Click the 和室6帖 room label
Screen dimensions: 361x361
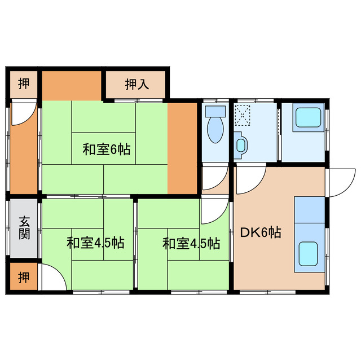point(107,149)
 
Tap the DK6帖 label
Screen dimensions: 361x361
point(261,232)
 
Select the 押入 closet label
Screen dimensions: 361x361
point(137,85)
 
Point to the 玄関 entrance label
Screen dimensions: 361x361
point(24,227)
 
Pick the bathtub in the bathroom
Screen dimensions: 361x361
point(308,117)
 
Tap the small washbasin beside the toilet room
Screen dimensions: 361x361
point(241,145)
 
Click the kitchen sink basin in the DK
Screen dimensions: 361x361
point(308,252)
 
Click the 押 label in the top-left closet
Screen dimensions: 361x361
point(24,84)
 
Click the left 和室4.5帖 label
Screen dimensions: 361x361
point(95,244)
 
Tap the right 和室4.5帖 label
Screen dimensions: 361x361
point(191,244)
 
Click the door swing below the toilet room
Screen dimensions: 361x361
point(212,179)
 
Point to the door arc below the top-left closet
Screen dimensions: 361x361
point(23,113)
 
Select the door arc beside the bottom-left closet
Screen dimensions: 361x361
point(51,278)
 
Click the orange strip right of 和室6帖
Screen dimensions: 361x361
point(182,148)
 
